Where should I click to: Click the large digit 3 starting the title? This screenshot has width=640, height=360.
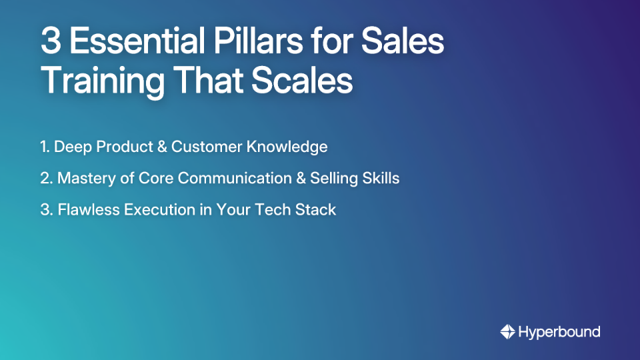tap(51, 41)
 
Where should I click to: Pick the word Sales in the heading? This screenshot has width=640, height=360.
tap(403, 41)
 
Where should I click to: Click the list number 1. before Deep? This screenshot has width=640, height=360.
tap(45, 147)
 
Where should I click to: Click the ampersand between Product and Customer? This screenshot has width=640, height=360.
tap(159, 147)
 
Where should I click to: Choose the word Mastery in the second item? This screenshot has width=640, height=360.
tap(83, 178)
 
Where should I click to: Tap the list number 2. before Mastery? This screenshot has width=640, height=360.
tap(46, 178)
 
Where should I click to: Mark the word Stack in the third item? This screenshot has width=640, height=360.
tap(317, 209)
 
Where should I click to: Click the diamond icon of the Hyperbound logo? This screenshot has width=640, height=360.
tap(507, 331)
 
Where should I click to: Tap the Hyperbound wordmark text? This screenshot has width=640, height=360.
tap(559, 331)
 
